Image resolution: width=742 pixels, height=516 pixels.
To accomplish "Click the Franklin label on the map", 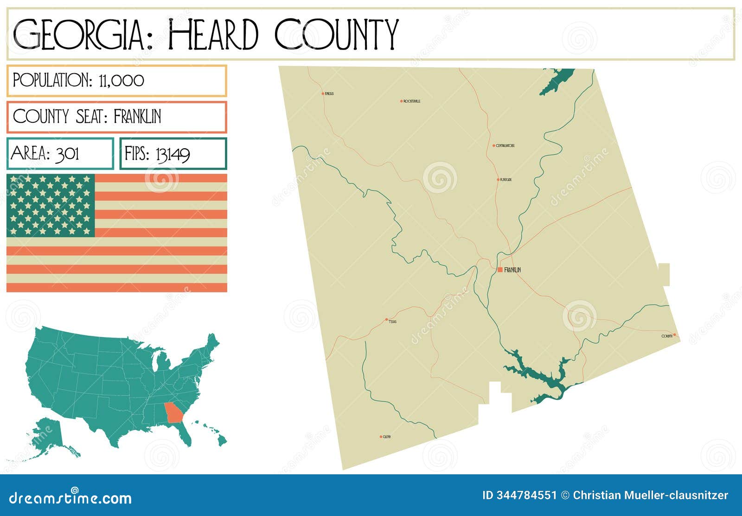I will click(x=512, y=270).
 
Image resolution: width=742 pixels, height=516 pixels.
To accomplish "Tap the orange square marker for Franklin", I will click(x=500, y=270).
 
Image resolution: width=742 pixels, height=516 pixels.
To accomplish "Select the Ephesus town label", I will click(x=329, y=94).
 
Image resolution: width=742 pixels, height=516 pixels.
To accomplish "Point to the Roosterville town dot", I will click(x=402, y=101).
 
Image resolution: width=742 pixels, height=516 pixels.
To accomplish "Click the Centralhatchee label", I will click(x=505, y=146).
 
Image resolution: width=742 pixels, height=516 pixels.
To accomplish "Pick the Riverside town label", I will click(x=505, y=180).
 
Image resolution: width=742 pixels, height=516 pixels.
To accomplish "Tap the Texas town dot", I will click(x=386, y=320).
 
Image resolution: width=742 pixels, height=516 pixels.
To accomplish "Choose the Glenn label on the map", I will click(x=386, y=437).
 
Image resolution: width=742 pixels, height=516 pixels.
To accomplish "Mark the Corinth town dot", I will click(x=674, y=334).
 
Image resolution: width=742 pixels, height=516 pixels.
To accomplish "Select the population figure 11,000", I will click(x=122, y=81).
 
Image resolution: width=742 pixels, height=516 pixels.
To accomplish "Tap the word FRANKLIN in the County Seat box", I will click(x=137, y=117).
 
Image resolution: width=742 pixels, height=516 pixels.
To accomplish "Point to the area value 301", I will click(x=68, y=153).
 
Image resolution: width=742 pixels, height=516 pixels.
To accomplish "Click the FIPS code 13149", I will click(x=173, y=154).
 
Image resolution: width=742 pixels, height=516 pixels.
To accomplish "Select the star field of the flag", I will click(x=51, y=205).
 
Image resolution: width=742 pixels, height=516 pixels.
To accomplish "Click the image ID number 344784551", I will click(x=526, y=495).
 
